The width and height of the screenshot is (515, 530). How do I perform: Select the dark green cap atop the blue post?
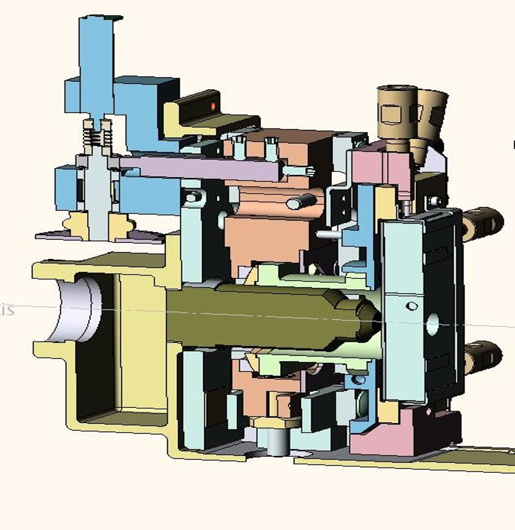tap(115, 18)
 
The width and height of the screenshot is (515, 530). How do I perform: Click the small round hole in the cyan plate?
tap(411, 305)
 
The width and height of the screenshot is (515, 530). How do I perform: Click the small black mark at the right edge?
tap(513, 144)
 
